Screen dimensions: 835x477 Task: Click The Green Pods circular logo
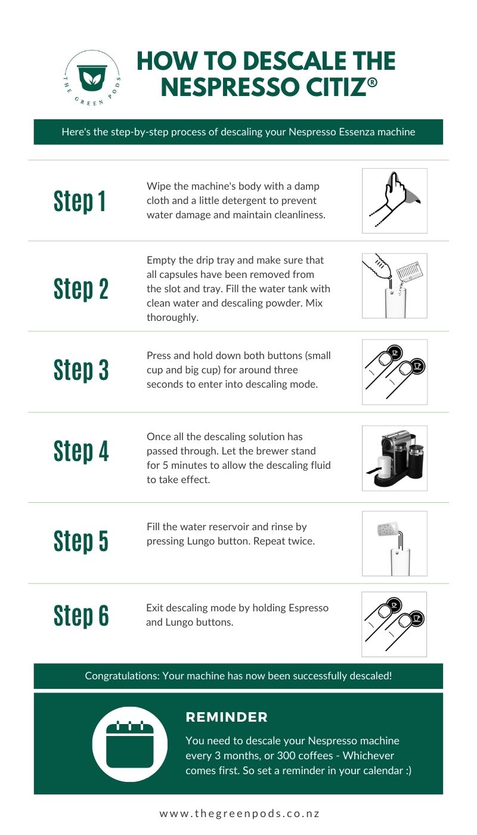click(x=92, y=78)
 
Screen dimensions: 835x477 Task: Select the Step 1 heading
click(x=80, y=201)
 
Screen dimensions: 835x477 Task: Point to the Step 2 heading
click(x=81, y=288)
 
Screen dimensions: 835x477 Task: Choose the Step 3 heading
click(x=81, y=370)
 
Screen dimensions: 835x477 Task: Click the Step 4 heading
click(x=81, y=451)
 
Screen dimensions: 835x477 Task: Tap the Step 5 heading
click(x=81, y=541)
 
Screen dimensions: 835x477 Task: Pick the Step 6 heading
click(x=81, y=616)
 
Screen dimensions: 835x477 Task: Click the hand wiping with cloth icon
click(x=394, y=200)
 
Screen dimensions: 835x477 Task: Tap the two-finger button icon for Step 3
click(x=394, y=372)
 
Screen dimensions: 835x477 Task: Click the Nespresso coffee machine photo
click(x=394, y=457)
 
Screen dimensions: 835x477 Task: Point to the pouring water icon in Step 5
click(x=394, y=543)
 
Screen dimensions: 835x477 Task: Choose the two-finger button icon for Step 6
click(x=394, y=624)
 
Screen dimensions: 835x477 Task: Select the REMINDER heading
click(x=227, y=718)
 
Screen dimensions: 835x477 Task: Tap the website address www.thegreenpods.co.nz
click(x=238, y=814)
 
